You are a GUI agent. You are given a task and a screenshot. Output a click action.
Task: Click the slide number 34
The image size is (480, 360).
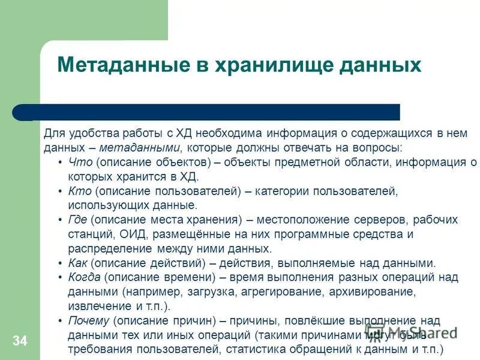[x=20, y=341]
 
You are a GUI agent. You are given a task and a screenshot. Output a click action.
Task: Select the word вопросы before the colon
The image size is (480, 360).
[x=379, y=148]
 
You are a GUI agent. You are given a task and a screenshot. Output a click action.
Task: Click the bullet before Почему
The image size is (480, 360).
[x=61, y=320]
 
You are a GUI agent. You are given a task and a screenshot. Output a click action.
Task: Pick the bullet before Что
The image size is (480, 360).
[x=61, y=162]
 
